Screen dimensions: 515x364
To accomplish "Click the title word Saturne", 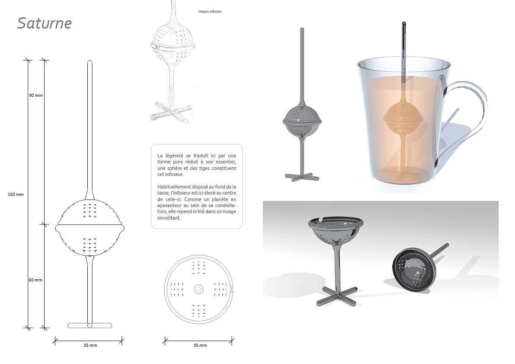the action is tap(45, 23).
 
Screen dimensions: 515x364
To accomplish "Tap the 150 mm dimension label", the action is tap(16, 194).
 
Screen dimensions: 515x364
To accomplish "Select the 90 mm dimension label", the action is tap(36, 95).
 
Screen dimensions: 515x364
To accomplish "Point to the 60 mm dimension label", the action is tap(35, 280).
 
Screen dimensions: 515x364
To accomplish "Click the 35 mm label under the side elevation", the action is tap(90, 345).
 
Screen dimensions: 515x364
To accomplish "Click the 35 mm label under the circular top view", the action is tap(200, 345).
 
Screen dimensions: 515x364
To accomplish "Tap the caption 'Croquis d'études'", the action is tap(210, 12).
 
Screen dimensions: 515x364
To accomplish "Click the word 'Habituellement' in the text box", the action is tap(173, 187).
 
